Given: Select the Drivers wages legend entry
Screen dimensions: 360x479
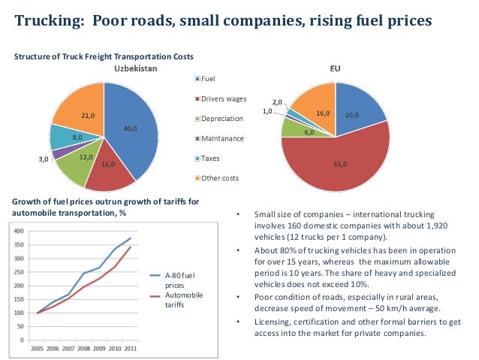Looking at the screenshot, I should (223, 98).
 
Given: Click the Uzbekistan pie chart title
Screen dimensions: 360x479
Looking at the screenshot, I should (134, 68).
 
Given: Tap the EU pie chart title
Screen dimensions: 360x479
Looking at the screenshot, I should (335, 68).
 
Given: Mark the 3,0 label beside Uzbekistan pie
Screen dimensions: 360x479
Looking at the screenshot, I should (45, 159).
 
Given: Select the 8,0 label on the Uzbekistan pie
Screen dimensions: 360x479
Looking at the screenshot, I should (77, 138).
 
